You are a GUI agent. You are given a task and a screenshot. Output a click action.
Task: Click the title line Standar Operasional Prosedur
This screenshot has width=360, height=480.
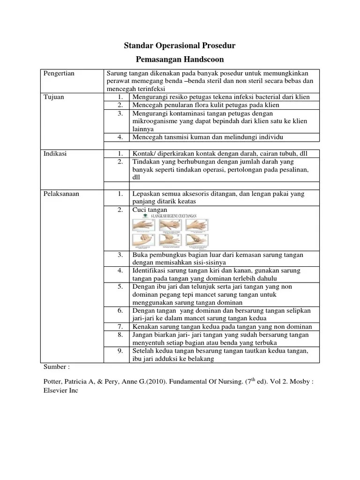pos(180,46)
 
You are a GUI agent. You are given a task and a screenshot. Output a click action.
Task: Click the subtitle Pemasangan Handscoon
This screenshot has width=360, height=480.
pos(180,60)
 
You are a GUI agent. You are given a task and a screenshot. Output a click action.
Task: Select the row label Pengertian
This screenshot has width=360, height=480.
pos(59,74)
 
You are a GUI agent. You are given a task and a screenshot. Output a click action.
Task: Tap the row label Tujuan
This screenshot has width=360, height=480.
pos(53,97)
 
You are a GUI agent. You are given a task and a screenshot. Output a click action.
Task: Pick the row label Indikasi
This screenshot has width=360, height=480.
pos(55,153)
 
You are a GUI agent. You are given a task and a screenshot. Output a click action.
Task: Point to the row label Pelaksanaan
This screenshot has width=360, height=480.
pos(60,193)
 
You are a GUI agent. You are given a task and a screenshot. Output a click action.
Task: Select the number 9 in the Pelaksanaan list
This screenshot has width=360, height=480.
pos(120,351)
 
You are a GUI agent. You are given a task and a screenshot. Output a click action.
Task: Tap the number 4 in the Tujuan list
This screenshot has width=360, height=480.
pos(120,137)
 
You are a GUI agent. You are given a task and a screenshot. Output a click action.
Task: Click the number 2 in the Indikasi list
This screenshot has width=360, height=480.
pos(120,161)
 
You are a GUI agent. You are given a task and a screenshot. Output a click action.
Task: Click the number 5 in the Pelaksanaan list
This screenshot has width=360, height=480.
pos(120,287)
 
